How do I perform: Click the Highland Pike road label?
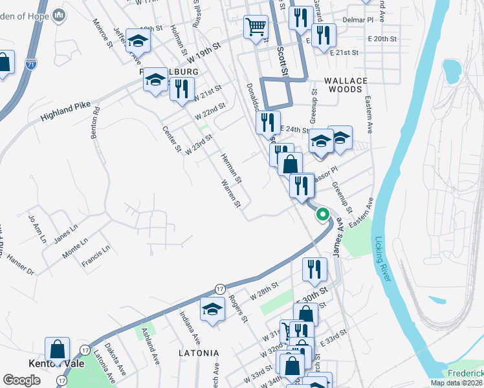[63, 114]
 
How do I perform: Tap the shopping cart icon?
[256, 27]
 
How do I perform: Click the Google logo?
[21, 380]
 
